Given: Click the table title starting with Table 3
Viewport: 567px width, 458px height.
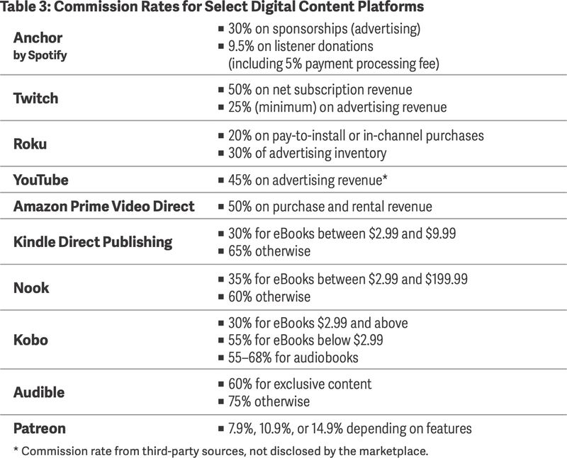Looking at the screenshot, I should (212, 8).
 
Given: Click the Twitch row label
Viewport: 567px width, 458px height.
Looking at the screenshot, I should (35, 98).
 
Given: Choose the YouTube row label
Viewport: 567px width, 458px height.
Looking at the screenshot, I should (41, 180).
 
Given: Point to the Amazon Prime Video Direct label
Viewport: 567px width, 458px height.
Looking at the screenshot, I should (103, 207).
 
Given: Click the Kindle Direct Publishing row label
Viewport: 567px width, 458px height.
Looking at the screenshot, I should (93, 242).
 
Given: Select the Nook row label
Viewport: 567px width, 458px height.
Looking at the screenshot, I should (32, 288).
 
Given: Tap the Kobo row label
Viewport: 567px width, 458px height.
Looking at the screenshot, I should (31, 340).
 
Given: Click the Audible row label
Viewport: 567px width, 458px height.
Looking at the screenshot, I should (39, 392).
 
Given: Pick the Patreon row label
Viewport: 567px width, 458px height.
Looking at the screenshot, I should (40, 428).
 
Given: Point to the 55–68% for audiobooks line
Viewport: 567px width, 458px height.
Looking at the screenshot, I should (293, 357).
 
